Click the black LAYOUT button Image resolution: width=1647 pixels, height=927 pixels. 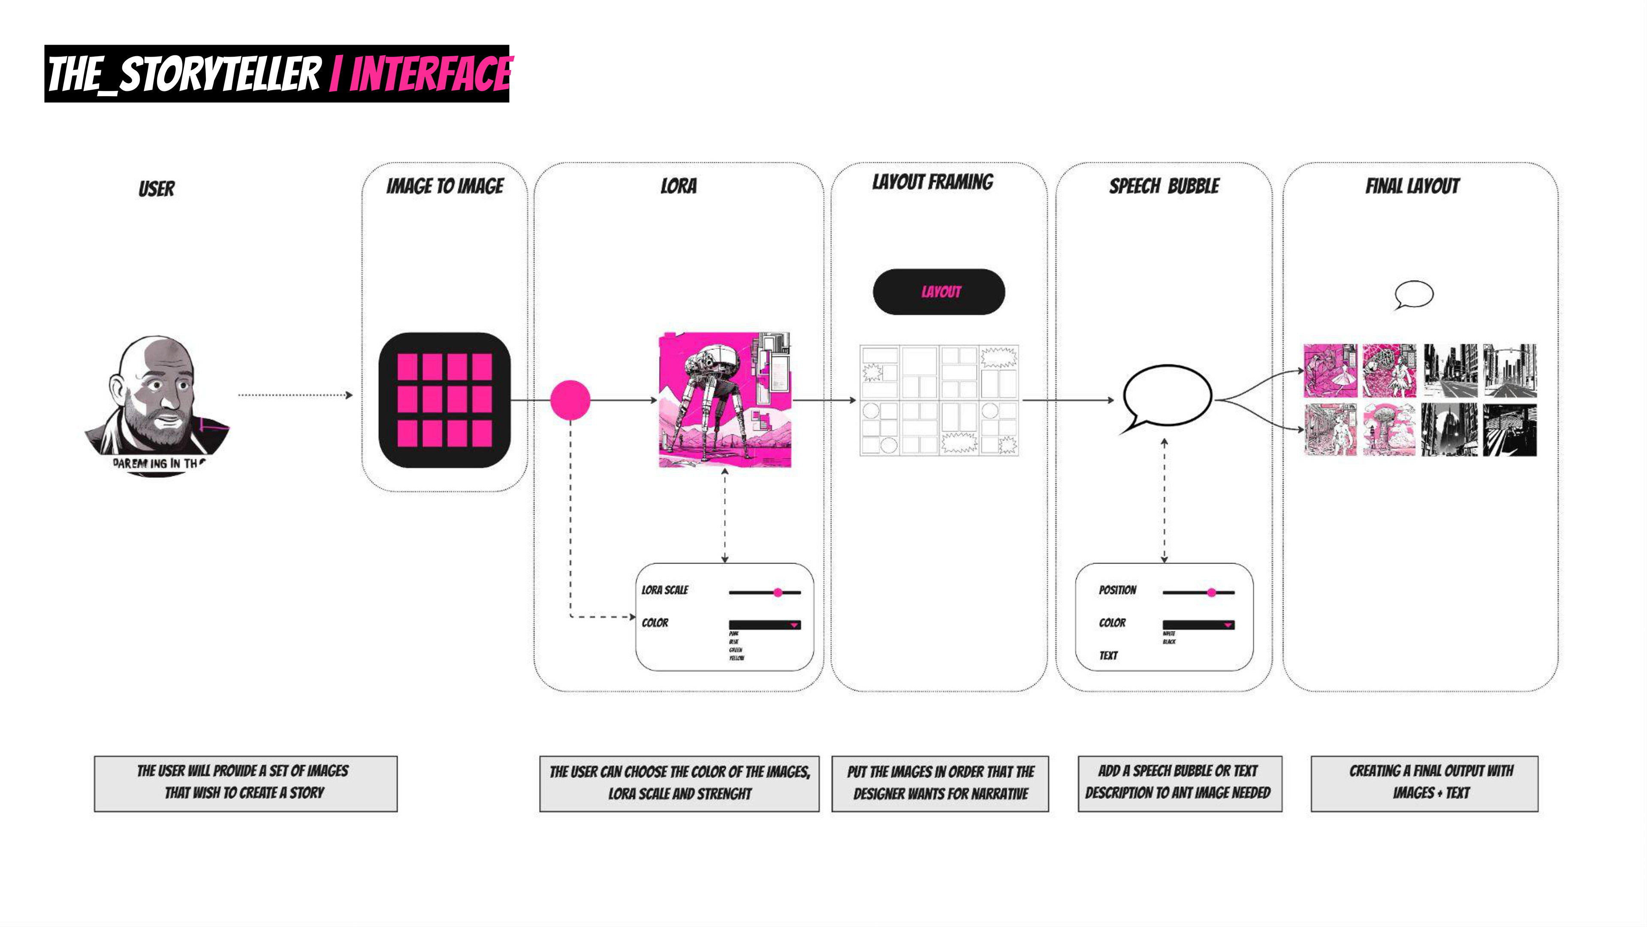pos(938,292)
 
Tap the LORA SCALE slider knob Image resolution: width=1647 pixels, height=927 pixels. pos(778,593)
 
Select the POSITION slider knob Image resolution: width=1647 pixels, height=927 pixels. pos(1211,593)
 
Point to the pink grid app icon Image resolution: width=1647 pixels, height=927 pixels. pos(444,400)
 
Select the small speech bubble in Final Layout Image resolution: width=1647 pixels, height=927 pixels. pos(1414,294)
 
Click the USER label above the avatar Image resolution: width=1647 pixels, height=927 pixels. pos(157,189)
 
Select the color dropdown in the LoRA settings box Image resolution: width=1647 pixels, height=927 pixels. pos(764,625)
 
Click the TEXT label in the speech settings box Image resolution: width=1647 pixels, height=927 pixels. pos(1108,655)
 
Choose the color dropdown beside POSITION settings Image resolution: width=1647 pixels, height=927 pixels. pos(1198,625)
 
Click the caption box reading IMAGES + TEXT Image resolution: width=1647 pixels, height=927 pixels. pos(1424,784)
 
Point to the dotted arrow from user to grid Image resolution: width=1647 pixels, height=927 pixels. pos(294,395)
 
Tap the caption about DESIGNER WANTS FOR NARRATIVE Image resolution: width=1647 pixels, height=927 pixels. pos(940,784)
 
